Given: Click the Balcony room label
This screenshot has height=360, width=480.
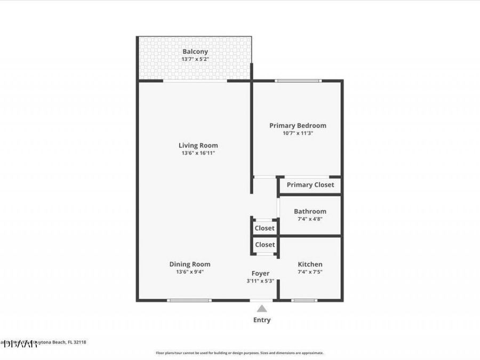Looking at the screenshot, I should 195,52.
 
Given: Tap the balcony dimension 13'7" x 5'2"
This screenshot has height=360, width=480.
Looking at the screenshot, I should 195,60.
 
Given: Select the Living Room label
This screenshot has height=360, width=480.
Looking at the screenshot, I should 198,145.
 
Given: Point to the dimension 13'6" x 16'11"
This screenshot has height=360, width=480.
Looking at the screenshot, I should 198,153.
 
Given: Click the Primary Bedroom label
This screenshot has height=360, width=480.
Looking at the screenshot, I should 298,125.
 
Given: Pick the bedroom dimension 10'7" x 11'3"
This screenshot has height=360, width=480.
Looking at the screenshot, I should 298,133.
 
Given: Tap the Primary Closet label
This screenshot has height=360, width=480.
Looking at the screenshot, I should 310,185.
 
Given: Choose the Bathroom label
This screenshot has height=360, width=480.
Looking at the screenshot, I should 310,211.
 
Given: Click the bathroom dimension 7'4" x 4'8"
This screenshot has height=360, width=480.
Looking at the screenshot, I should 310,219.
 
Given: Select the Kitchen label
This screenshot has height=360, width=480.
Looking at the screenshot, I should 310,264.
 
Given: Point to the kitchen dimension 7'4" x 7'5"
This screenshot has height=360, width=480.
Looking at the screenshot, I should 310,271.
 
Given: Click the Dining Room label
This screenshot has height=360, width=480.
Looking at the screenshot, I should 190,264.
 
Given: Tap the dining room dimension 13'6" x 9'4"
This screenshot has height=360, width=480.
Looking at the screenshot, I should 190,271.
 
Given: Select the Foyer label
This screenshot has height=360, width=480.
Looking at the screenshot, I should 261,273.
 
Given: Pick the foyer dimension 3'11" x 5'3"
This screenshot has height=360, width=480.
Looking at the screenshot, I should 261,281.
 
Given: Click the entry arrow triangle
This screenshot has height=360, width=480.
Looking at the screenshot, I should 261,308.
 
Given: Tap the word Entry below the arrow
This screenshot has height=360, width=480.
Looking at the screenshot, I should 261,320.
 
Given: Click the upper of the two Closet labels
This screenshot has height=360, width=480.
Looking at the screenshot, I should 265,228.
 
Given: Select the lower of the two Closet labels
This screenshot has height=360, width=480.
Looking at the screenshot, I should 265,244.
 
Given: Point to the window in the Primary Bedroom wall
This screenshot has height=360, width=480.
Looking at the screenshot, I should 298,81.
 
